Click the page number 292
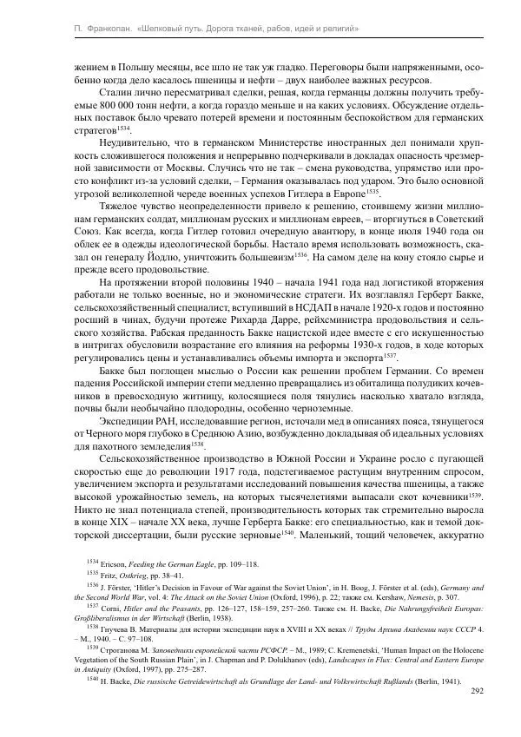476,691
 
